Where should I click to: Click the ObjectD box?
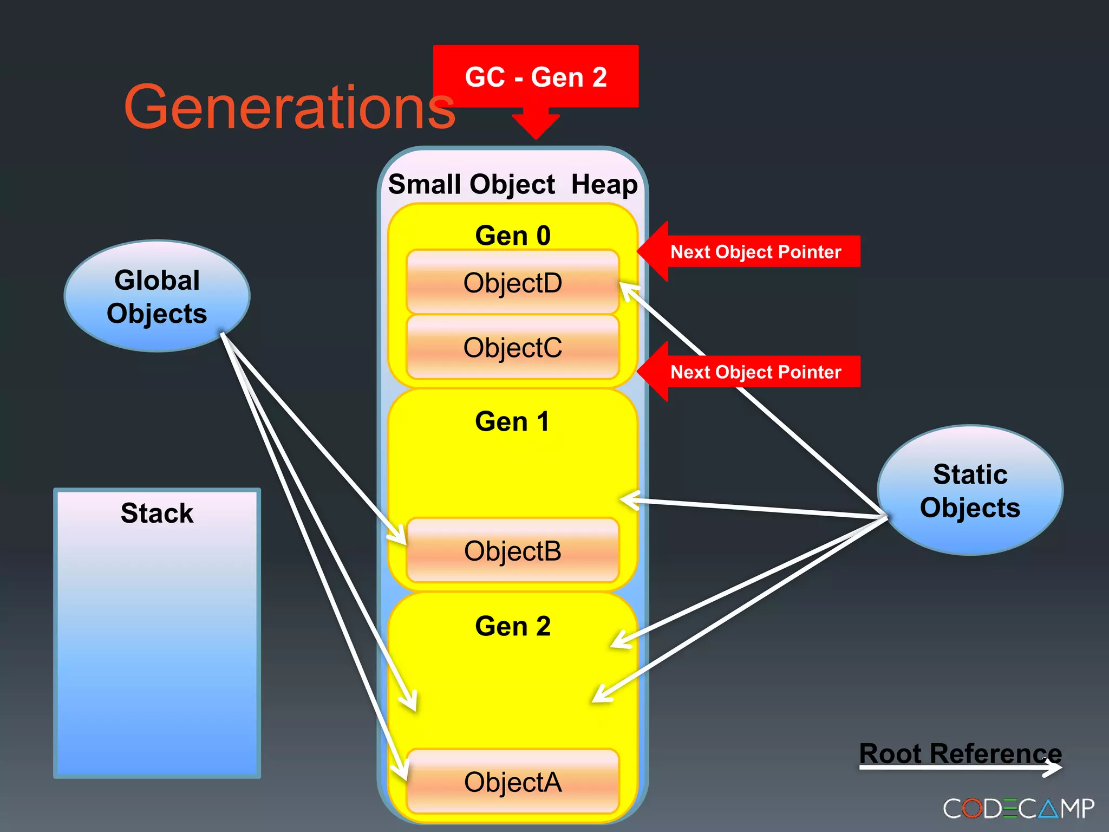(x=512, y=282)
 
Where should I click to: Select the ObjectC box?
(x=512, y=347)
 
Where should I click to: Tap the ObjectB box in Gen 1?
(x=512, y=551)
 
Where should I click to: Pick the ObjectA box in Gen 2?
(x=512, y=782)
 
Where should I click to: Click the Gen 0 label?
(x=512, y=236)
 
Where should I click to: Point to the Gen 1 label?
(x=512, y=421)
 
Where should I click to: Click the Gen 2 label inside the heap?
(x=512, y=626)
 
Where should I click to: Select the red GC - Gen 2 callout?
(x=536, y=76)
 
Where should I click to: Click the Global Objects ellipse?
(x=157, y=296)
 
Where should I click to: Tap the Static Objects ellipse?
(x=969, y=490)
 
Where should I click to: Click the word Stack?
(x=157, y=513)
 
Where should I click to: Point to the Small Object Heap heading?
(x=512, y=184)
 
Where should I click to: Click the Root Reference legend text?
(x=960, y=753)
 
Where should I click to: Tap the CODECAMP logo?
(x=1018, y=809)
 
